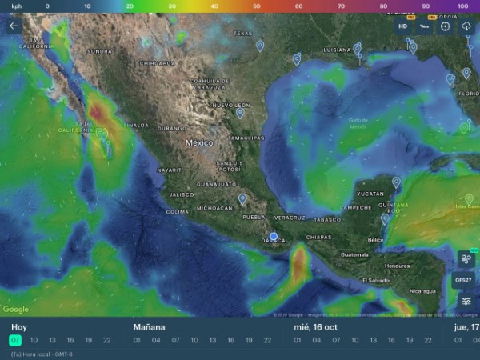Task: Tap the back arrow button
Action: pos(13,26)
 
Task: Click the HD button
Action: pos(403,26)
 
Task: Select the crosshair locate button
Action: pos(446,26)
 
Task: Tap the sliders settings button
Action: pos(466,301)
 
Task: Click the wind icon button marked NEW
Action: pos(466,258)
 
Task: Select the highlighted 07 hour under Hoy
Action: pos(14,340)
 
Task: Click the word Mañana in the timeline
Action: pos(150,327)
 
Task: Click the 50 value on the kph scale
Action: pos(257,5)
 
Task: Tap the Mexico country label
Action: pos(199,142)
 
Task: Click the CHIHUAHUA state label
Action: pos(157,62)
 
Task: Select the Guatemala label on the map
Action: pos(354,254)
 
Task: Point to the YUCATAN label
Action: pos(370,194)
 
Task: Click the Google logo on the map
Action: pos(16,310)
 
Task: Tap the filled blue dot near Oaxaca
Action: pos(273,236)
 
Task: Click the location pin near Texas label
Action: pos(259,45)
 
